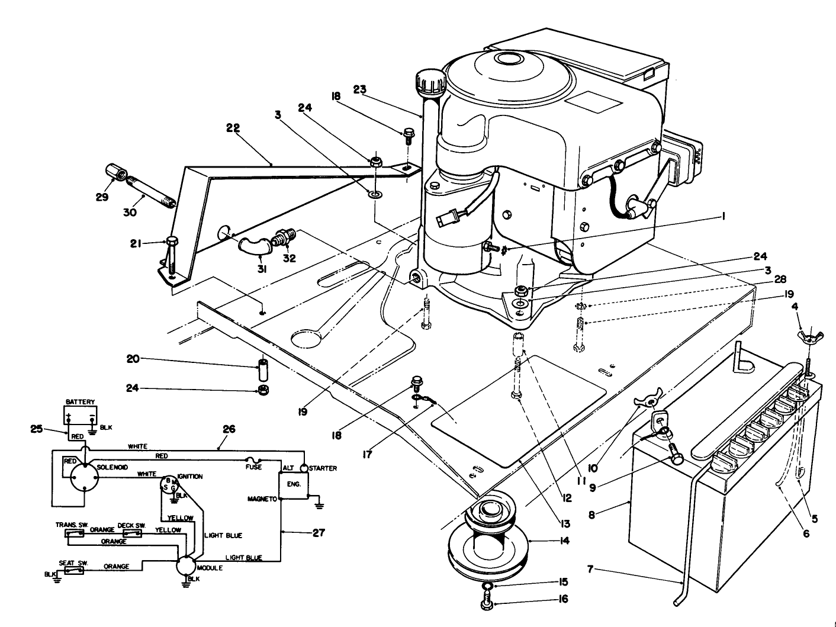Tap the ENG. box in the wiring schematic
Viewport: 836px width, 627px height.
(294, 484)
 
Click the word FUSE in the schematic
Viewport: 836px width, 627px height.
(253, 468)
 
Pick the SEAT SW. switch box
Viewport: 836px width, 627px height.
(74, 571)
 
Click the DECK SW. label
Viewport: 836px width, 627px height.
(132, 525)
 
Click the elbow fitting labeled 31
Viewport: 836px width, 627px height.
(252, 247)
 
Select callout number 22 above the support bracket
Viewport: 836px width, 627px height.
(234, 127)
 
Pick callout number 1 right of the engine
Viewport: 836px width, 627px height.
(722, 217)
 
